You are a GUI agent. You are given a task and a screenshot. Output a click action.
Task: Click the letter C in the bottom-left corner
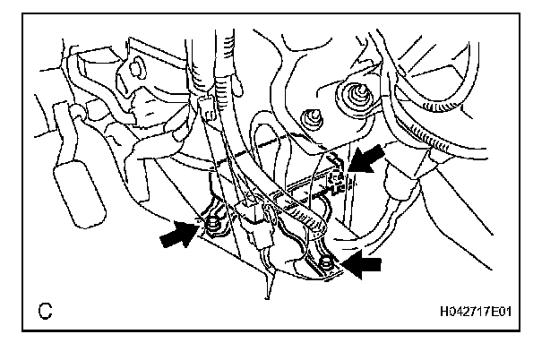tap(44, 312)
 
